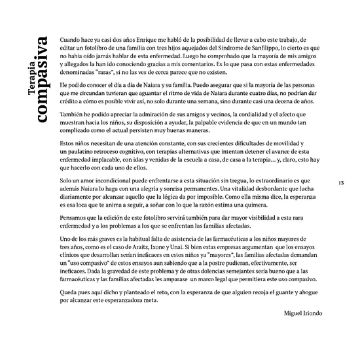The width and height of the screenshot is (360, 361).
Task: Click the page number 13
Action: (341, 182)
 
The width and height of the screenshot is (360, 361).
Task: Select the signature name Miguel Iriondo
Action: (303, 314)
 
